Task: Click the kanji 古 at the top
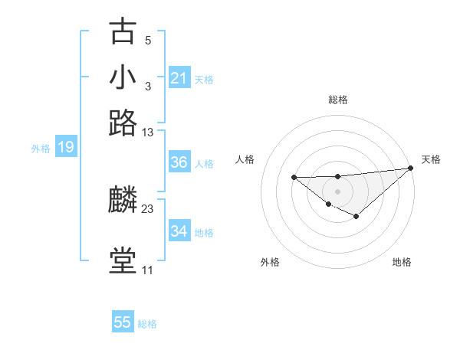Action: (x=123, y=32)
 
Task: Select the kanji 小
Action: (x=123, y=77)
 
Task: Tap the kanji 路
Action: (x=123, y=123)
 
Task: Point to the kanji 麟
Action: (x=123, y=201)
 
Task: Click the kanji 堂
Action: (x=123, y=261)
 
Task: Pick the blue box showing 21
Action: (x=179, y=78)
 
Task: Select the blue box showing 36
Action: (x=179, y=163)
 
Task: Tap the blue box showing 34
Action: (x=179, y=231)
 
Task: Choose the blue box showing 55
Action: (x=123, y=323)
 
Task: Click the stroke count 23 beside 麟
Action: (x=147, y=208)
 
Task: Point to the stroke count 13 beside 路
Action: (x=147, y=133)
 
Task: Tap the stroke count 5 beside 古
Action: (x=147, y=40)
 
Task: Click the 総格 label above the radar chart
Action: (x=337, y=100)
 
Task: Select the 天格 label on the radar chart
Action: (x=431, y=159)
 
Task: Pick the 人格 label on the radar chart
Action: (x=245, y=159)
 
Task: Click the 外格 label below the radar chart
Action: (x=270, y=262)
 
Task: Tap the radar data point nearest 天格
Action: (x=411, y=168)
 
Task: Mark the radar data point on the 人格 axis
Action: (x=294, y=177)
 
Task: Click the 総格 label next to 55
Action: (x=148, y=324)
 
